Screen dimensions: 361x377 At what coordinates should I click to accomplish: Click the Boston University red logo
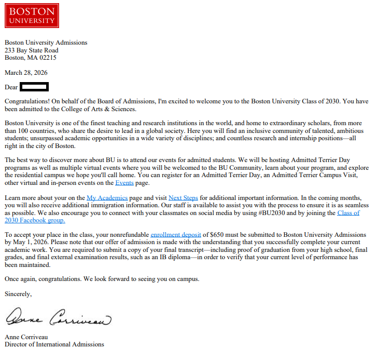point(32,16)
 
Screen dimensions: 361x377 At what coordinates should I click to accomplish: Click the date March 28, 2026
point(26,73)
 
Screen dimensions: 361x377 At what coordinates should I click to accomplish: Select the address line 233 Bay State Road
point(32,50)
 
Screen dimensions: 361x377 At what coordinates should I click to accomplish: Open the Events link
point(124,183)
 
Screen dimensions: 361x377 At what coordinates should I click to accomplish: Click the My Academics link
point(107,198)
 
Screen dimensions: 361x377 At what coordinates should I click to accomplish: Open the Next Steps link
point(183,198)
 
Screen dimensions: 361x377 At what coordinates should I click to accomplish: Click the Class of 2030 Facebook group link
point(348,213)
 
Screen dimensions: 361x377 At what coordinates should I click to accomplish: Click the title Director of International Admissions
point(54,344)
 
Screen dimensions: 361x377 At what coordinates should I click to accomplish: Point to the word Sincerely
point(18,294)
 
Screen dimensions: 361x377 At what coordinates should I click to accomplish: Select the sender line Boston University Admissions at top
point(46,43)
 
